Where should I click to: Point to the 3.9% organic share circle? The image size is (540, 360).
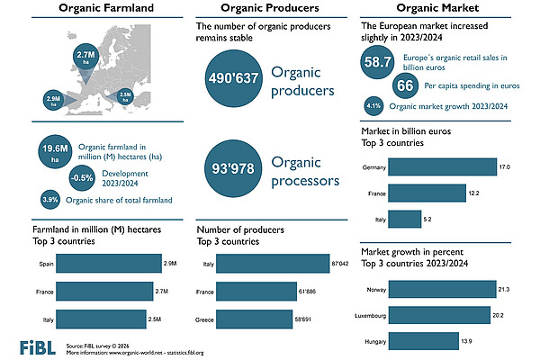50,199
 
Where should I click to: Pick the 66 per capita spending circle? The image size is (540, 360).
406,85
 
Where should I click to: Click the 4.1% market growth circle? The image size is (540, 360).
372,105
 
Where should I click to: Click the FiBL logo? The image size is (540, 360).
35,346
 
